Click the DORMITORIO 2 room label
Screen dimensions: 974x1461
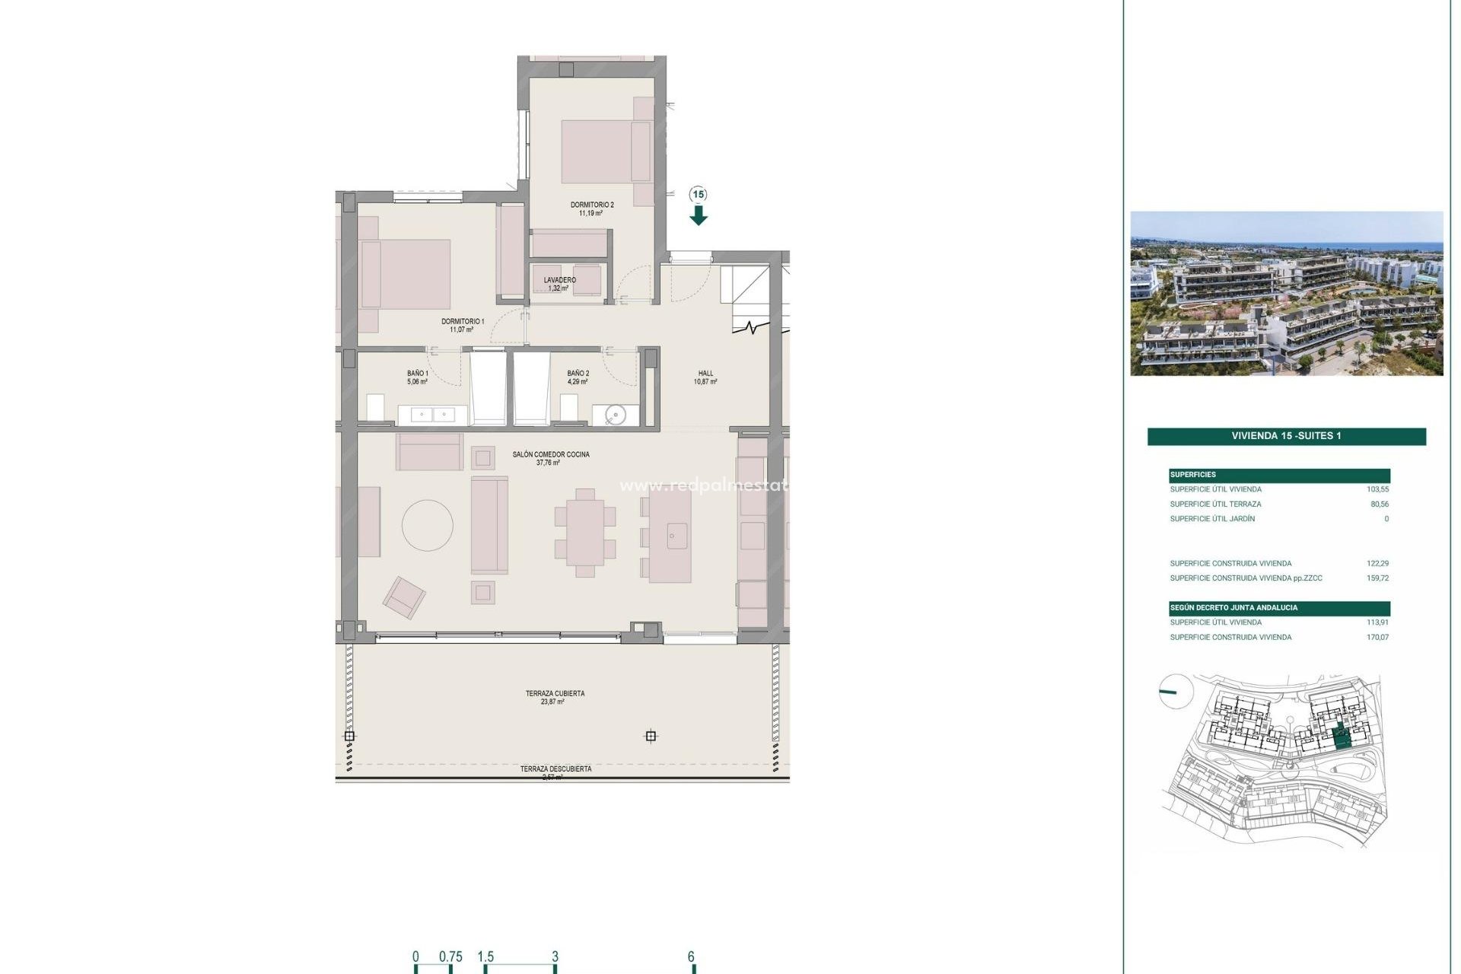592,205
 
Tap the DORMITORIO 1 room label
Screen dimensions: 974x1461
463,321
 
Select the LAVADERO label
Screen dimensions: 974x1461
559,280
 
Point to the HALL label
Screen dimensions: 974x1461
705,374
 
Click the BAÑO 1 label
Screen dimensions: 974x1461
417,374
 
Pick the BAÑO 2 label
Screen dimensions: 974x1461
578,374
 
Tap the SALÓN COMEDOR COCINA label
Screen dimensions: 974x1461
551,454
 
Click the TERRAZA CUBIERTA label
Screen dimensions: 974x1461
555,693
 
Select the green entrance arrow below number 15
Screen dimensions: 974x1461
699,216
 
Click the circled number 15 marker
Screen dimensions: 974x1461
699,195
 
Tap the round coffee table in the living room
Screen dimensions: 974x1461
428,525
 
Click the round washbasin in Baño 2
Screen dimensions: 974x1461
616,415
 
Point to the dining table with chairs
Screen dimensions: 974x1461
584,532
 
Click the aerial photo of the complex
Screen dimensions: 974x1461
1286,293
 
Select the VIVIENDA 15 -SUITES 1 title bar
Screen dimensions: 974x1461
1286,436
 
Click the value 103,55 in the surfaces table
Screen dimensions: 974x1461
1377,489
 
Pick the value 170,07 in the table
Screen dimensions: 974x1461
1377,638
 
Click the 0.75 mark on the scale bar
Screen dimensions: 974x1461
450,957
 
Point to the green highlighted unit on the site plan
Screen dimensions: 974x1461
1343,737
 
